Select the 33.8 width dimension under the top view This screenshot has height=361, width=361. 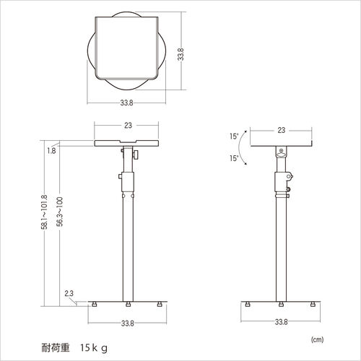[x=126, y=103]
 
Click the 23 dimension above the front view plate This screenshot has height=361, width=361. [x=128, y=126]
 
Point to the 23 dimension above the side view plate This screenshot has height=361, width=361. [x=280, y=131]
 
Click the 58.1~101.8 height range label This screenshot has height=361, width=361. [x=45, y=212]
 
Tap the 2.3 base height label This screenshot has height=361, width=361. [x=69, y=293]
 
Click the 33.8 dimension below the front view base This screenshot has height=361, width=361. [x=128, y=323]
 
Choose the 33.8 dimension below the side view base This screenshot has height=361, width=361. [x=280, y=323]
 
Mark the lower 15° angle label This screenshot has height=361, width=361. [x=234, y=158]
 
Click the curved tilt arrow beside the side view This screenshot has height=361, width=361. [x=248, y=148]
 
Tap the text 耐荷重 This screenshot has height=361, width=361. [x=55, y=347]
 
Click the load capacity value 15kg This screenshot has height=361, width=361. [x=94, y=347]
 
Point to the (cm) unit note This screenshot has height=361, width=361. [x=318, y=338]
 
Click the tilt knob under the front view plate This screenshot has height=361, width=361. [x=135, y=155]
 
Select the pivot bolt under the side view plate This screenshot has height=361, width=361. [x=281, y=152]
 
